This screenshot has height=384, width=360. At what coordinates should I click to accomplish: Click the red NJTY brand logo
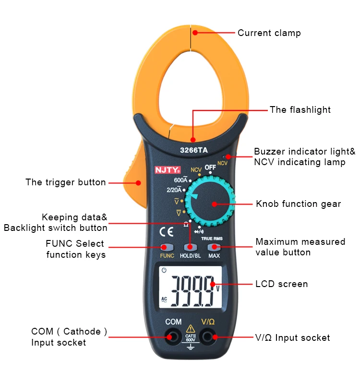point(168,170)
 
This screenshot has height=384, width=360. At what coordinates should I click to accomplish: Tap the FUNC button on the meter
point(167,247)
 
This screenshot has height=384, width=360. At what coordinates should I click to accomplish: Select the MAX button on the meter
point(214,247)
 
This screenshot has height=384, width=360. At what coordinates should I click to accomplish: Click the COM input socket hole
point(173,337)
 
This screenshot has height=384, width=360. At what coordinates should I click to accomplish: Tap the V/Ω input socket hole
point(208,337)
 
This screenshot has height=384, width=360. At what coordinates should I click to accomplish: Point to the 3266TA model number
point(194,150)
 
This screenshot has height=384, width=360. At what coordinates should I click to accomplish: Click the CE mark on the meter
point(167,232)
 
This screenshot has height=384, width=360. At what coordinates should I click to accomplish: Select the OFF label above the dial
point(210,167)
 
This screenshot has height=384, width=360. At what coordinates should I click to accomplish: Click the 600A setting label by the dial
point(180,180)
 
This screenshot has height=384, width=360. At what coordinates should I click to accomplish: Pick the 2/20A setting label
point(174,190)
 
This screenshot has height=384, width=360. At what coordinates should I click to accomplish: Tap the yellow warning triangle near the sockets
point(191,329)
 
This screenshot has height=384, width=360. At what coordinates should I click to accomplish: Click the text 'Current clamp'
point(269,33)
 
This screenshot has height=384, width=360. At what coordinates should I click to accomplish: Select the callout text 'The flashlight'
point(300,110)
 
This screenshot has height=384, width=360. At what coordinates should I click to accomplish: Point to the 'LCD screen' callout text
point(281,284)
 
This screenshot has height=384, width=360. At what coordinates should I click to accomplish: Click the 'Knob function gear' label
point(298,204)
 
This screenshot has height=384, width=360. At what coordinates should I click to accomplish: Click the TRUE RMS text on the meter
point(212,239)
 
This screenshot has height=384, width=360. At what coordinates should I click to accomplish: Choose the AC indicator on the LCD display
point(164,300)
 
